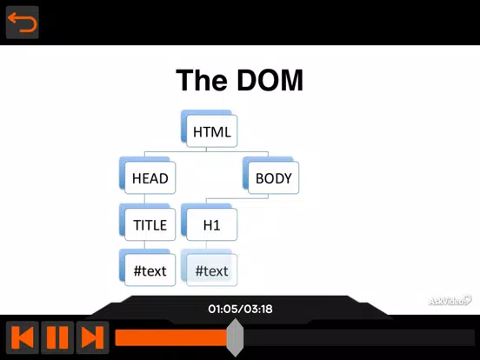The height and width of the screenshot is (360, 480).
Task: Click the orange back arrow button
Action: pos(23,23)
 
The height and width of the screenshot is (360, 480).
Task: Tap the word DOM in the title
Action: pos(270,80)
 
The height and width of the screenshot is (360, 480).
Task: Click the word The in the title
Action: pos(202,80)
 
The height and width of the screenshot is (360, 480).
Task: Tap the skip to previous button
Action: pos(23,337)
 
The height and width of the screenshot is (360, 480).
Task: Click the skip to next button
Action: pos(92,337)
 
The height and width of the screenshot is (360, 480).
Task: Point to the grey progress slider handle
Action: pos(235,337)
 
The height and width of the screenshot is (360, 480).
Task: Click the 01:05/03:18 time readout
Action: pos(240,309)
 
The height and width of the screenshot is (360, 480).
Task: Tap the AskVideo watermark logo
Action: pos(450,301)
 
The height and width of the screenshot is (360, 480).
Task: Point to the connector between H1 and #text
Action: pos(206,245)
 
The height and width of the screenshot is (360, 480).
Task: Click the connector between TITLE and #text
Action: pos(144,245)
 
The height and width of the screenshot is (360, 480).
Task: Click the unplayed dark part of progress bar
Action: pos(359,337)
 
